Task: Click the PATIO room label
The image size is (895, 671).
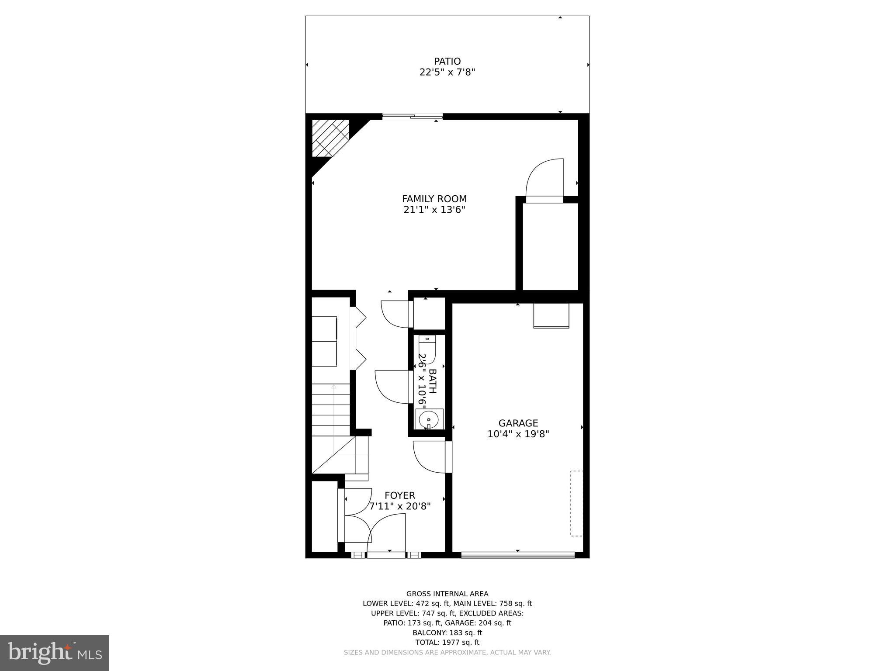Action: point(447,62)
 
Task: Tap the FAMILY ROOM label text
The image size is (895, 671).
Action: point(434,199)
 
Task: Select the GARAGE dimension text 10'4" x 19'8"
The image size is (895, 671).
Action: point(518,434)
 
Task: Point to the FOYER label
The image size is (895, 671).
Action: point(400,495)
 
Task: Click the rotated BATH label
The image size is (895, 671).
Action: point(433,381)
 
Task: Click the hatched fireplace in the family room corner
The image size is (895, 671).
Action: point(330,138)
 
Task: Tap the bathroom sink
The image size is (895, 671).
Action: point(429,420)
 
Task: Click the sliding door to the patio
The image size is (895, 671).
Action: point(413,117)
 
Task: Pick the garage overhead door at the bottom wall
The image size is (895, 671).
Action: point(518,555)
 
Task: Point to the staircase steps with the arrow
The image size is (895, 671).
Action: point(331,409)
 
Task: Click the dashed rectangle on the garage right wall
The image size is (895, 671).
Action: point(577,503)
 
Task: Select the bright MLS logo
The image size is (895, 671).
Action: point(55,653)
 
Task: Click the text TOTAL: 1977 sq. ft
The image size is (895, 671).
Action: point(447,642)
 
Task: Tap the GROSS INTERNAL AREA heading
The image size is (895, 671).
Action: point(447,594)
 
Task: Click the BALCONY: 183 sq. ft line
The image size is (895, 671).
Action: point(447,633)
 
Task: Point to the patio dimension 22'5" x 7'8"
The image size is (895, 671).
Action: point(447,73)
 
